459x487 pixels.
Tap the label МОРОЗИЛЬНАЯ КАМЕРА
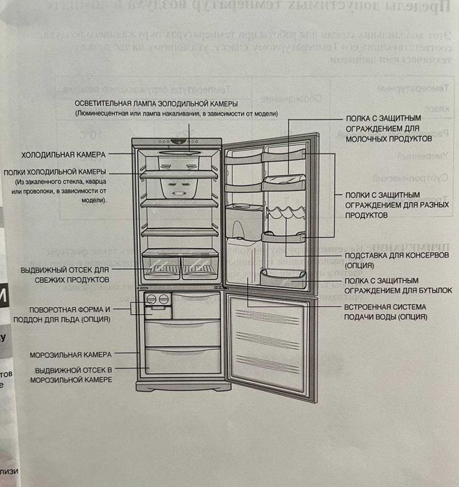(x=68, y=355)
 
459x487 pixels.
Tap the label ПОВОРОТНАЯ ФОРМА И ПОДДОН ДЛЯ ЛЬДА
(x=70, y=314)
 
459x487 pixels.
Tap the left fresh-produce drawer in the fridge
(x=160, y=265)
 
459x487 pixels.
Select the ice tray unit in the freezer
(x=157, y=301)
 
